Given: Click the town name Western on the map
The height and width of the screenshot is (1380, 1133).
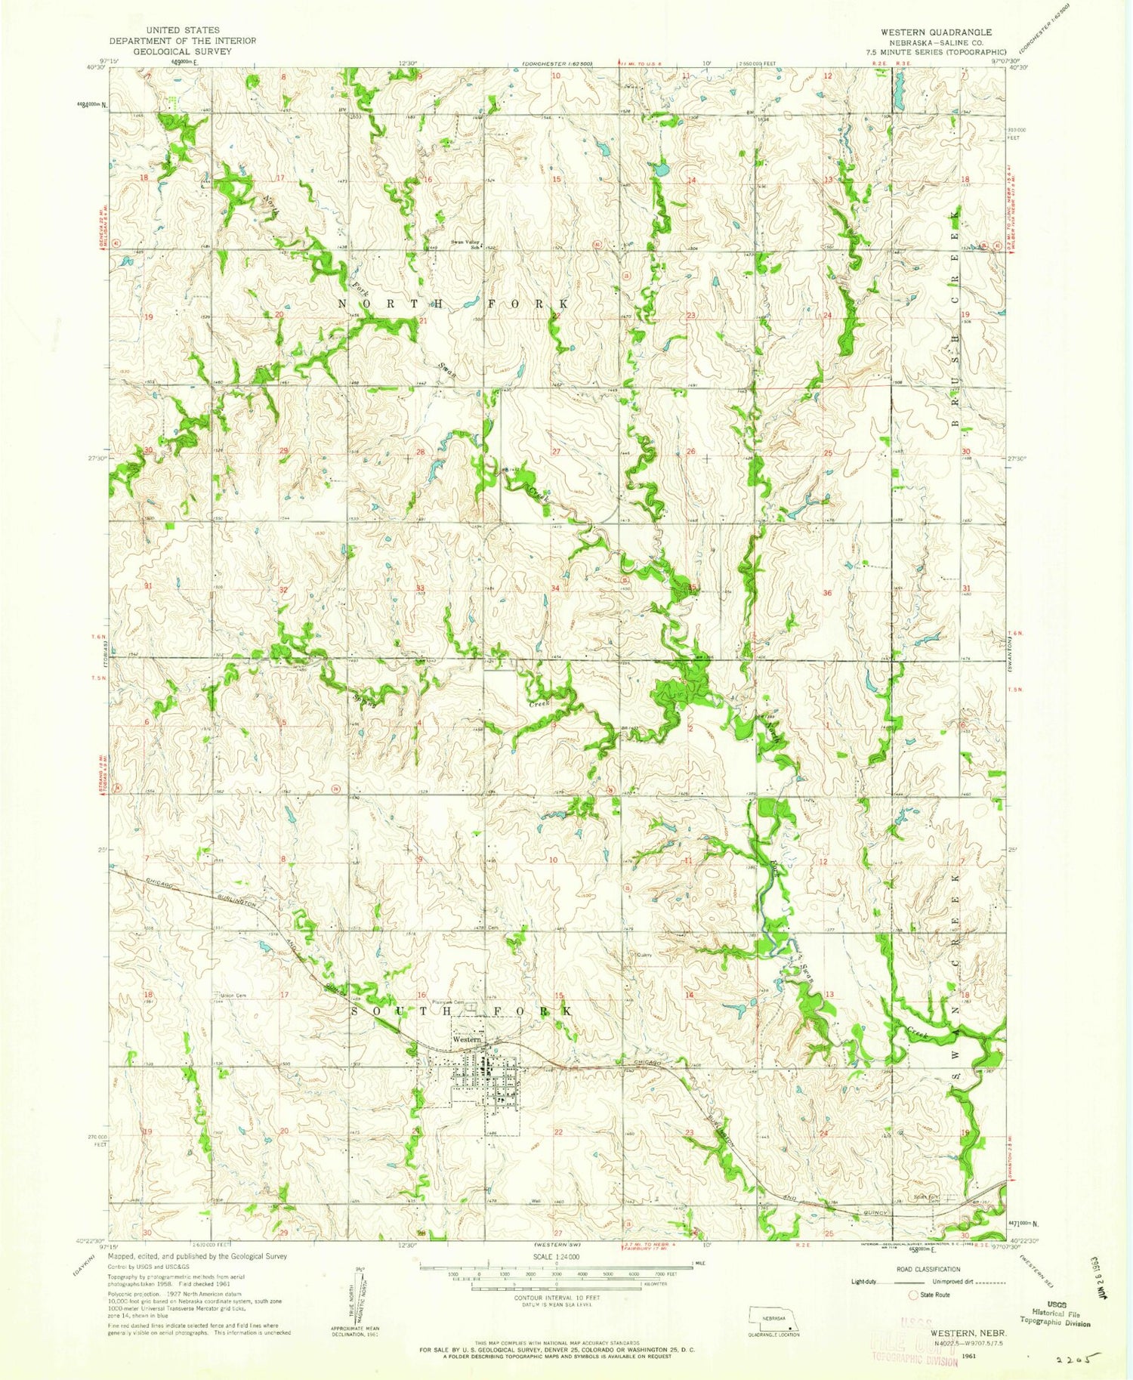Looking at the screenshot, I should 467,1039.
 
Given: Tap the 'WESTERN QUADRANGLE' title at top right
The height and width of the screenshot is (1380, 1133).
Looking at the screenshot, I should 935,32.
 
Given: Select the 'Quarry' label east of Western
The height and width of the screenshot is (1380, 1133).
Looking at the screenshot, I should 644,955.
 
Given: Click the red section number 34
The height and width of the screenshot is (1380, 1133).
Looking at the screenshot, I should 555,588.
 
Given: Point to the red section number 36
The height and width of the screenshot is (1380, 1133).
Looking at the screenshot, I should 827,593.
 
